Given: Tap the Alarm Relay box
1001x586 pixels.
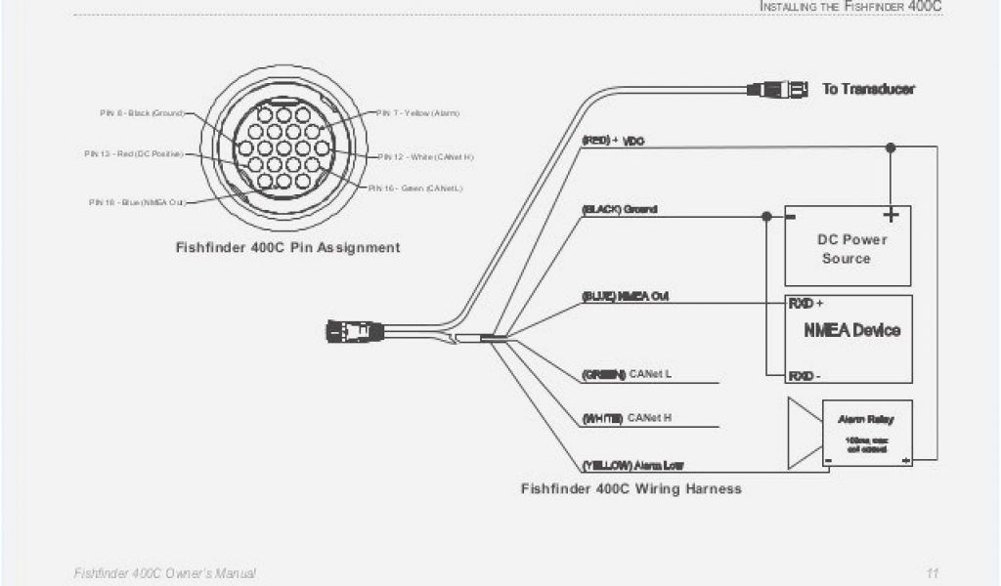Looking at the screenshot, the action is [866, 434].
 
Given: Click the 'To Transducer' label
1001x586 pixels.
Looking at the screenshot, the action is [868, 89].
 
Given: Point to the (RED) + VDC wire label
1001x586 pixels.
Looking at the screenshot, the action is [613, 141].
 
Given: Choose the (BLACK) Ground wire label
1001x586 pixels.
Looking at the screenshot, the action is [619, 209].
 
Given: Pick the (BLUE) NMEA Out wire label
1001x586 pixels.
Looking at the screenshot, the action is [625, 296].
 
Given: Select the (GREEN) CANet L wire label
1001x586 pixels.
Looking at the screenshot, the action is [626, 374].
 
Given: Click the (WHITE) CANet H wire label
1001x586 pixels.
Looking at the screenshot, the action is [627, 418].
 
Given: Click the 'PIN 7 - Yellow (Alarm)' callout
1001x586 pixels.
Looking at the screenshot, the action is [417, 113].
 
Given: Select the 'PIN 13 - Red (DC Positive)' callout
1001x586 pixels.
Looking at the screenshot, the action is [133, 154].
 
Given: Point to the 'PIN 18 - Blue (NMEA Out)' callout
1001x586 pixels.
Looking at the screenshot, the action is [137, 202].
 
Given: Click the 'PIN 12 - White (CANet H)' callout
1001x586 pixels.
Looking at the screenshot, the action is [426, 156].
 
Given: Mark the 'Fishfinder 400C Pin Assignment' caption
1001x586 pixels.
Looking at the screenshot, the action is [287, 248].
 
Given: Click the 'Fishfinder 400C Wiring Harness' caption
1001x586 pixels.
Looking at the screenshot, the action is [631, 488].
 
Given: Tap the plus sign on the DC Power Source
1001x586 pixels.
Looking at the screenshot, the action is [890, 214].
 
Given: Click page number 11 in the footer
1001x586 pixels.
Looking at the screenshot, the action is [933, 572].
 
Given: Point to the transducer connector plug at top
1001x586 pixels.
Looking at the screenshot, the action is [778, 89].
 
